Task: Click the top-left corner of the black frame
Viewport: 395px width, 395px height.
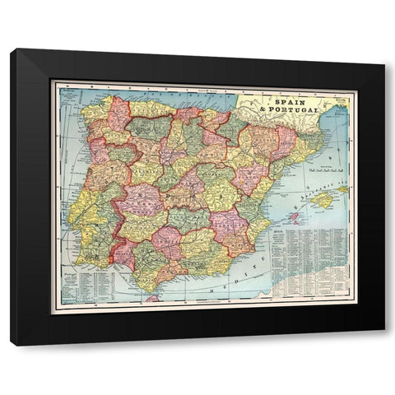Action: [12, 51]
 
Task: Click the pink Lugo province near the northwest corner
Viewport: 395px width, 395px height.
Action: [116, 115]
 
